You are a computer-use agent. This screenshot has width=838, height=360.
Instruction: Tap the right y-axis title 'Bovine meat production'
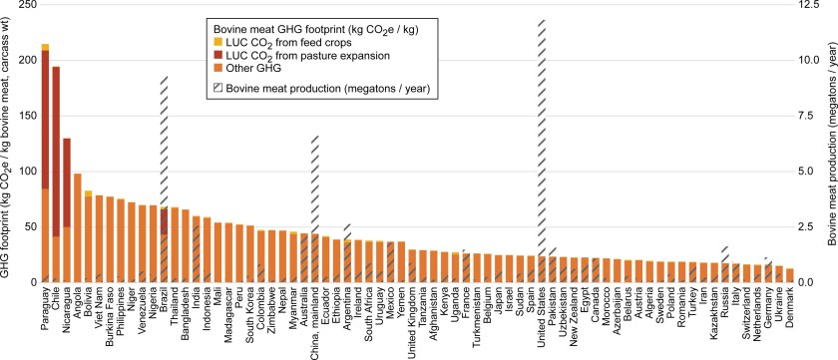coord(830,150)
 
